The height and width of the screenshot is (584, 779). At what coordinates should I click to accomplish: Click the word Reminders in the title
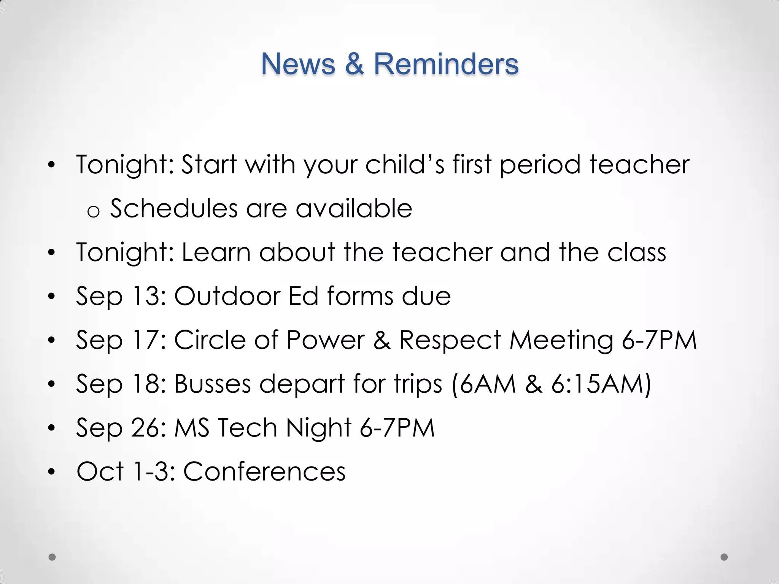coord(446,64)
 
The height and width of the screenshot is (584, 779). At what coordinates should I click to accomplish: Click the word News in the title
coord(298,64)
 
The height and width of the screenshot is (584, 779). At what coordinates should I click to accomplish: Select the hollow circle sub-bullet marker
coord(93,211)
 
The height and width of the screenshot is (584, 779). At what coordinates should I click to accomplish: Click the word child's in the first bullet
coord(405,165)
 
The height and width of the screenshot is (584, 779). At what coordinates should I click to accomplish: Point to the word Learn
coord(216,252)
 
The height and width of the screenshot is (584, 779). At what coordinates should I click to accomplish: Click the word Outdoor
coord(227,296)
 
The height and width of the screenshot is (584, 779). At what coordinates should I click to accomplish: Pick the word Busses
coord(213,384)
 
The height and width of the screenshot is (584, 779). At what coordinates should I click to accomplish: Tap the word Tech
coord(247,428)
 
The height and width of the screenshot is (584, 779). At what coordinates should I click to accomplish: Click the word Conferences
coord(264,471)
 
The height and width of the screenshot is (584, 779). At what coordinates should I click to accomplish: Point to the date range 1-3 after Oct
coord(151,471)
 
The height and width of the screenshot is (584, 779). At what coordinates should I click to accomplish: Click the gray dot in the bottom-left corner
coord(52,557)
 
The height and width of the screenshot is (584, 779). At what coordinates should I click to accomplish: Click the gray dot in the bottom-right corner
coord(724,557)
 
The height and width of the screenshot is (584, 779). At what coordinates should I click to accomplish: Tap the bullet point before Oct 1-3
coord(52,472)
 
